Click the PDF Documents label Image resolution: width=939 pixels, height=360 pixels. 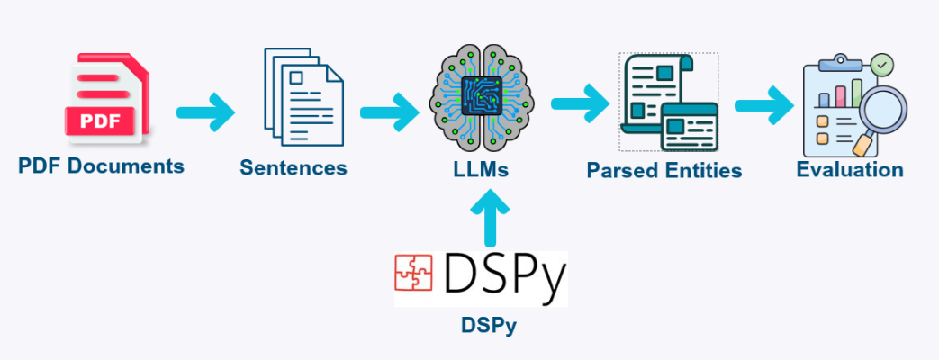pyautogui.click(x=101, y=166)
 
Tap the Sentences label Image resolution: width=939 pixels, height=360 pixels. pyautogui.click(x=293, y=167)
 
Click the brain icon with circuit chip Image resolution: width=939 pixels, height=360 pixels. pyautogui.click(x=483, y=98)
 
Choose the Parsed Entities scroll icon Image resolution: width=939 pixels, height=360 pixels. pyautogui.click(x=667, y=102)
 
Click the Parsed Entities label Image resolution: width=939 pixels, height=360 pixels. pyautogui.click(x=664, y=170)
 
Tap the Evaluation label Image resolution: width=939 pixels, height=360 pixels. pyautogui.click(x=850, y=169)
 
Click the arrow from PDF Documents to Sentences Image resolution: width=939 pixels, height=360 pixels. pyautogui.click(x=205, y=112)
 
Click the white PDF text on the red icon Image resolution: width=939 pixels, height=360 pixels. pyautogui.click(x=100, y=121)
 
